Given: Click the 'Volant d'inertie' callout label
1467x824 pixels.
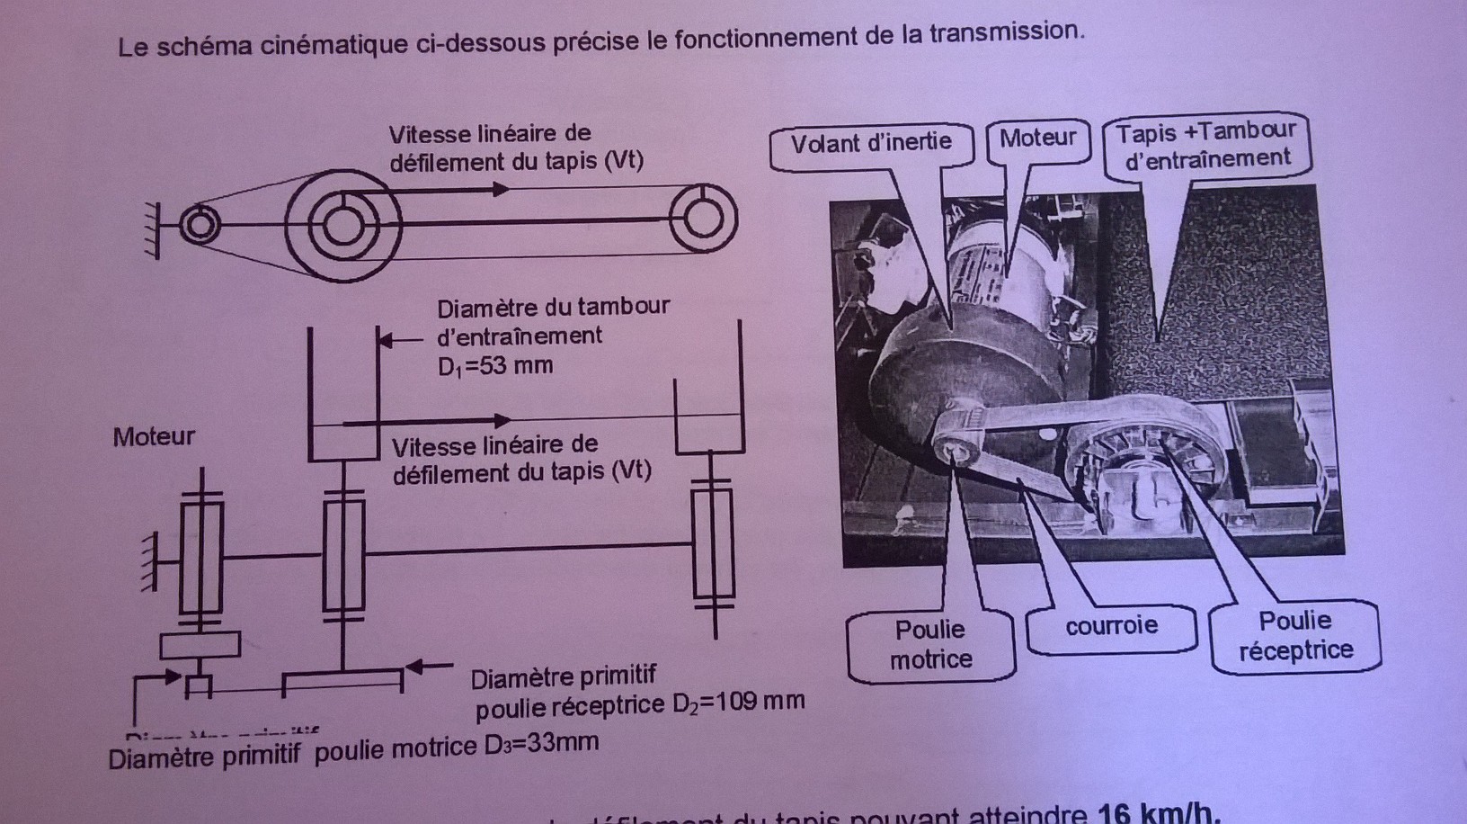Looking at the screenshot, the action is point(870,142).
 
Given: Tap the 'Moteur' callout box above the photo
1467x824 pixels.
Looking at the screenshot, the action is point(1037,138).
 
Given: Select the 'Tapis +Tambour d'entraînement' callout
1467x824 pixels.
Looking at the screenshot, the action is point(1206,145).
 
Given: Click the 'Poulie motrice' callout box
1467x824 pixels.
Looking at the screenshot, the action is point(930,644).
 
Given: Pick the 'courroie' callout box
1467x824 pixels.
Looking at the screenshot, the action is point(1111,626).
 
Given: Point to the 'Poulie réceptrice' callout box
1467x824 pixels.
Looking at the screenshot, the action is point(1295,635).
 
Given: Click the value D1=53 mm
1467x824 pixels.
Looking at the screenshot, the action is point(495,366).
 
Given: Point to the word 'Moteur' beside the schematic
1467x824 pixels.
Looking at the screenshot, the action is point(154,436).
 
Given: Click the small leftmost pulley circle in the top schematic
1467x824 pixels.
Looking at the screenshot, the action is point(199,225).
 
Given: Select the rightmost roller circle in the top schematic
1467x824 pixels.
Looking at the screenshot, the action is point(703,219).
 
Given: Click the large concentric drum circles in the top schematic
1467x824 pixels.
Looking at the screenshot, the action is point(341,226).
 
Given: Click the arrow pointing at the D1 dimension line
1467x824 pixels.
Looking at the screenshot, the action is point(396,340).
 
